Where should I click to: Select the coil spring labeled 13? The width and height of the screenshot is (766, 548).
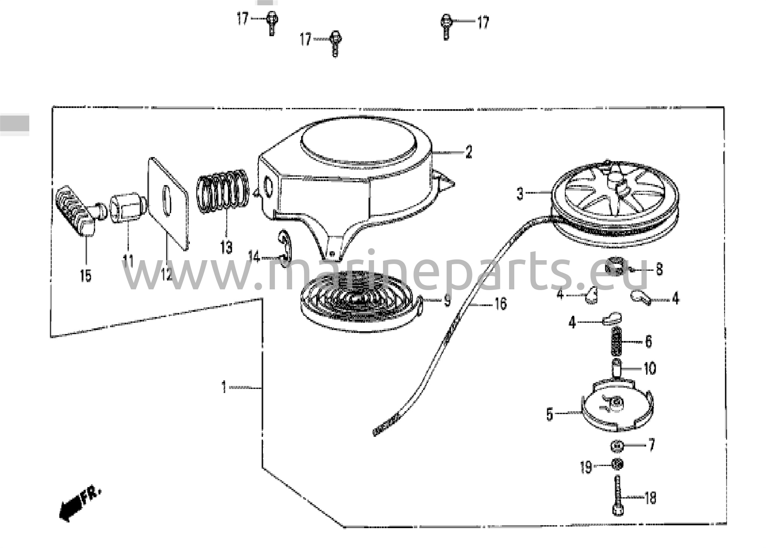(x=223, y=191)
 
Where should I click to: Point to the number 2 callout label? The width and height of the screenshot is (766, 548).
(x=469, y=152)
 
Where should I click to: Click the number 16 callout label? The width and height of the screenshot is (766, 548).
(x=500, y=304)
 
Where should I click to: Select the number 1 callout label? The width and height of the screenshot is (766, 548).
(x=224, y=387)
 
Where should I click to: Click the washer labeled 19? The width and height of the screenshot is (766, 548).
(x=617, y=465)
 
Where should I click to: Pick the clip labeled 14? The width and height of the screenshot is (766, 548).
(x=285, y=248)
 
